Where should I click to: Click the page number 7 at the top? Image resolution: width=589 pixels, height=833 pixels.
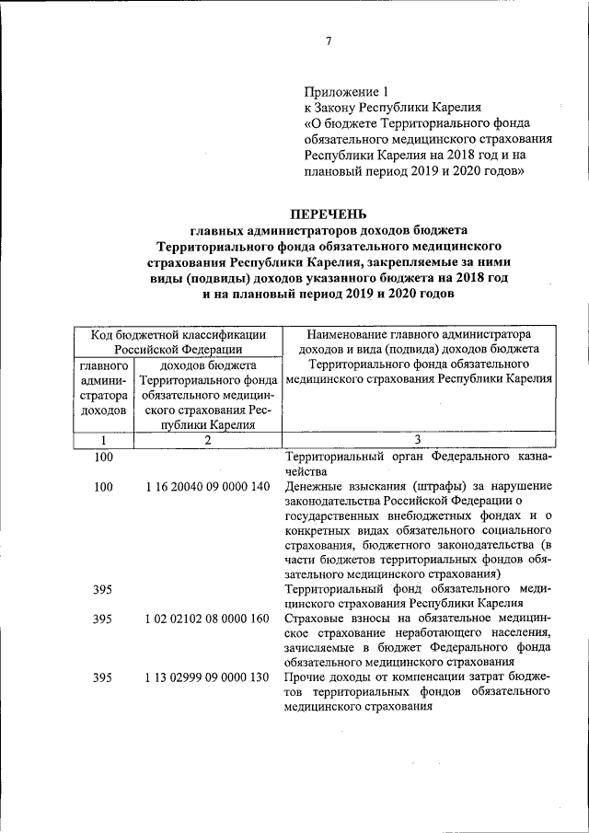(x=328, y=40)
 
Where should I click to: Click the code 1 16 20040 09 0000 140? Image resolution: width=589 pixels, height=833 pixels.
(x=207, y=486)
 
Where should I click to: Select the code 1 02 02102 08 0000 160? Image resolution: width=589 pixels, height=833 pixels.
(x=207, y=619)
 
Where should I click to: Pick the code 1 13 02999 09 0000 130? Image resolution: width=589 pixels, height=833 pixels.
(x=207, y=677)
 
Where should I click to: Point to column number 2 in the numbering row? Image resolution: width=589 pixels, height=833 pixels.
(x=207, y=440)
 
